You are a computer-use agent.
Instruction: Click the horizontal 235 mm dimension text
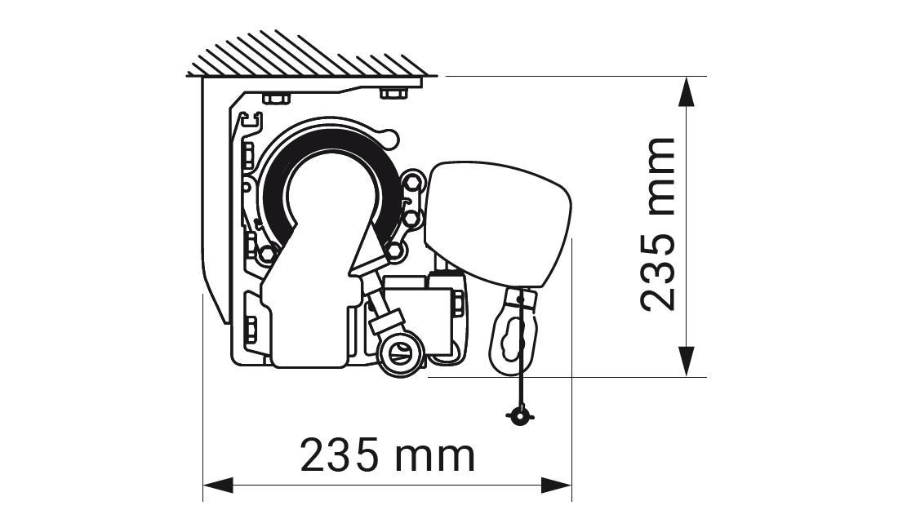coord(388,455)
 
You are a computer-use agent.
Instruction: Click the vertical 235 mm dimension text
coord(658,224)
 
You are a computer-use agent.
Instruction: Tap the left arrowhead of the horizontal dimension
coord(218,486)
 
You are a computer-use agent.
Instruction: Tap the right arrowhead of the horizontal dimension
coord(557,486)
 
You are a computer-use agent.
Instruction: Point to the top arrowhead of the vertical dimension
coord(687,91)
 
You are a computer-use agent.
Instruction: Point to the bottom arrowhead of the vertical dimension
coord(687,361)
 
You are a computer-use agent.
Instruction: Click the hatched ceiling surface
coord(309,55)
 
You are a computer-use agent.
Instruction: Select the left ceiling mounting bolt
coord(277,97)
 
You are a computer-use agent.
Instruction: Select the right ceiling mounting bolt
coord(394,93)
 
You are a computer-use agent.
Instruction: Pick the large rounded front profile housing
coord(496,224)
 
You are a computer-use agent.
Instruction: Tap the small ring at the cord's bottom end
coord(520,416)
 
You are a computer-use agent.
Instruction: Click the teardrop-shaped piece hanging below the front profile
coord(513,332)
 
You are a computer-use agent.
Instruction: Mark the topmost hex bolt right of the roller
coord(412,183)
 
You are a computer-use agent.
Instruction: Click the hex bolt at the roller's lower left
coord(267,254)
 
